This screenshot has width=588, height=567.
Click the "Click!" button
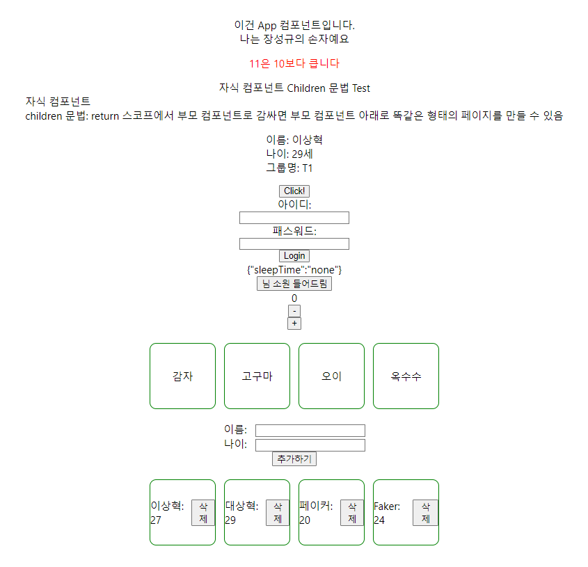click(x=294, y=191)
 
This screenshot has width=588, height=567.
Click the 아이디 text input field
click(x=294, y=218)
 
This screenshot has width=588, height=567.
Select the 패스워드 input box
click(x=294, y=243)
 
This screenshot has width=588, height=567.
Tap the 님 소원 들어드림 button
click(x=294, y=284)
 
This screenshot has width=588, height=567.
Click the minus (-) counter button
click(x=294, y=311)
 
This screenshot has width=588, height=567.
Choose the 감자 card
click(x=182, y=376)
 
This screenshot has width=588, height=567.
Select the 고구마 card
click(x=257, y=376)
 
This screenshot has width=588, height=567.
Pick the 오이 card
click(x=331, y=376)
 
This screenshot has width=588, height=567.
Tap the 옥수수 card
click(x=406, y=376)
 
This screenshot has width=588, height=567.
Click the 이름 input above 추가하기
click(x=310, y=431)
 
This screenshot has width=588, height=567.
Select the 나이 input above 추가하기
click(x=310, y=445)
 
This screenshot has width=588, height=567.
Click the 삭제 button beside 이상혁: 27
click(x=203, y=513)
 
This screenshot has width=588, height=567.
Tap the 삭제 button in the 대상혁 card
click(x=278, y=513)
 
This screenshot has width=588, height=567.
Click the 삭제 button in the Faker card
click(x=425, y=513)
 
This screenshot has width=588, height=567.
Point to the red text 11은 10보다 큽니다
click(x=294, y=63)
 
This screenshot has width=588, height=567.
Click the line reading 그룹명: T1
click(x=294, y=168)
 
